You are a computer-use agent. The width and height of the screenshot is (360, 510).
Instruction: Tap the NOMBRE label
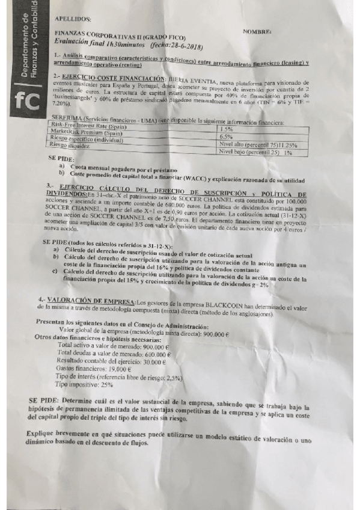[x=257, y=31]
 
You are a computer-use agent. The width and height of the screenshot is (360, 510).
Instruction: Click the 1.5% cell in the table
[x=227, y=130]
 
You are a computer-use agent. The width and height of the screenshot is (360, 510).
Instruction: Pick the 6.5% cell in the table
[x=227, y=137]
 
